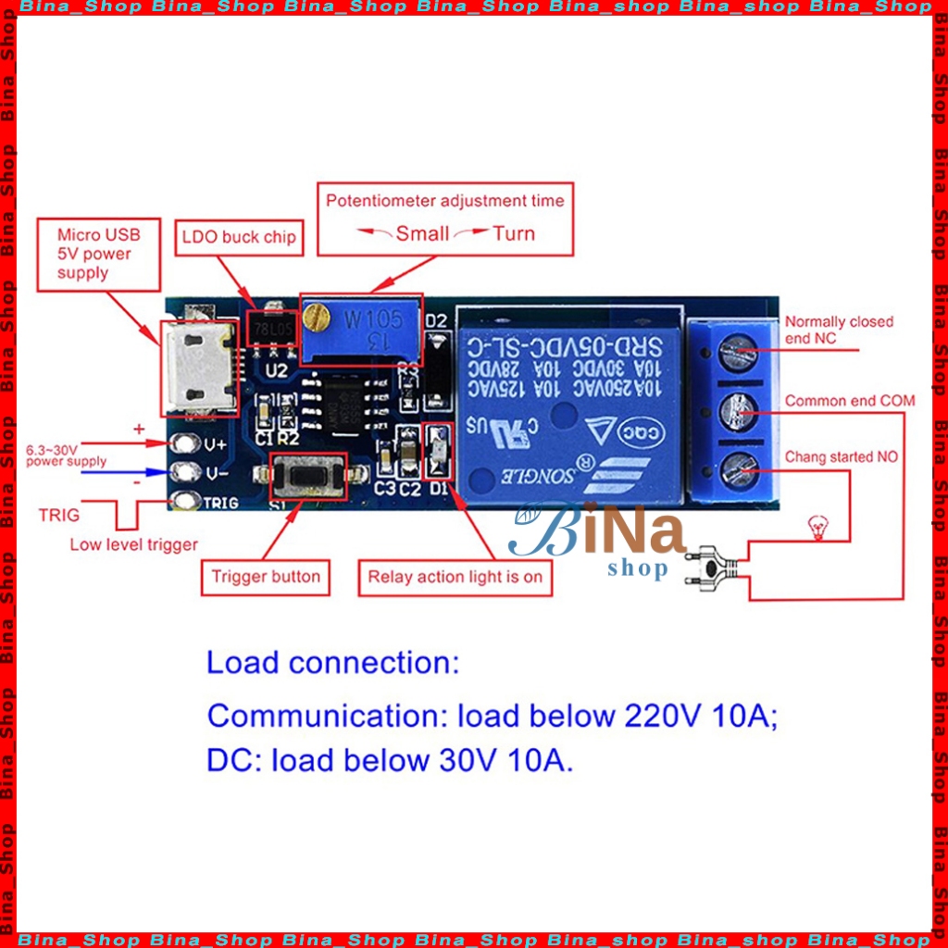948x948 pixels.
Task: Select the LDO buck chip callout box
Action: [238, 237]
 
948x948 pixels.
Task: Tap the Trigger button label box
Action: [266, 577]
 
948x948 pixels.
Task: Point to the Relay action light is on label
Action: [455, 577]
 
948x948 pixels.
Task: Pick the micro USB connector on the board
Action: [196, 366]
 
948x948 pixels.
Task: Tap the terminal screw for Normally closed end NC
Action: [739, 351]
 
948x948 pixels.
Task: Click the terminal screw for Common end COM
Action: [739, 410]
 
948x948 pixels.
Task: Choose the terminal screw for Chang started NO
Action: [739, 470]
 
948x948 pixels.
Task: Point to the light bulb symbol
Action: [817, 529]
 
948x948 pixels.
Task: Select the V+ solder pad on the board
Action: [187, 443]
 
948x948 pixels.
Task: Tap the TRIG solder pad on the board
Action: [187, 502]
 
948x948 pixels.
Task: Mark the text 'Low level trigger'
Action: [133, 544]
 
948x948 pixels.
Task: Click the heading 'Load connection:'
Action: [332, 663]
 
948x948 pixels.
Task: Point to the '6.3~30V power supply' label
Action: [67, 455]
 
